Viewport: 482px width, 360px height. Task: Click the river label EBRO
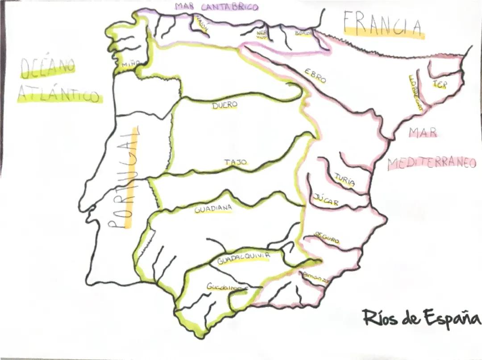[x=316, y=76]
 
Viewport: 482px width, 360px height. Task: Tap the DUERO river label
[x=224, y=106]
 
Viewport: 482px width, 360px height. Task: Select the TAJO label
[x=236, y=163]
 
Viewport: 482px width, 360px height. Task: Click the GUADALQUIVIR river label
[x=244, y=258]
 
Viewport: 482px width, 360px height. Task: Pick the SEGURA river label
[x=327, y=238]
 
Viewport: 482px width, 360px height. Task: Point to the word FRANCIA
[x=383, y=24]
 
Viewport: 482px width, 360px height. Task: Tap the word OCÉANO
[x=48, y=67]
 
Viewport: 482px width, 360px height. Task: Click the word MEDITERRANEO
[x=432, y=163]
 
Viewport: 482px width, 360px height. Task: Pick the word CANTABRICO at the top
[x=229, y=7]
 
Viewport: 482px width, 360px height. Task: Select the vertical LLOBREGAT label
[x=415, y=92]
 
